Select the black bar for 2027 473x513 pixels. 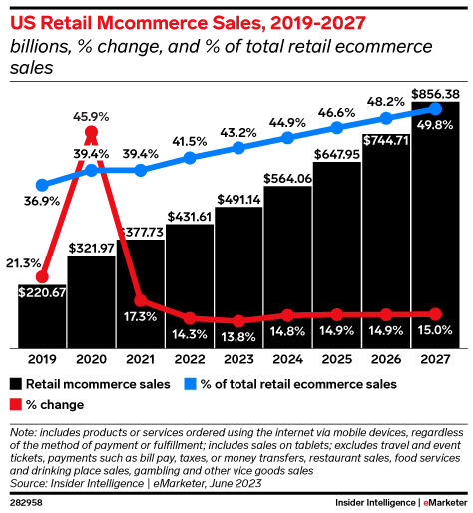coord(435,230)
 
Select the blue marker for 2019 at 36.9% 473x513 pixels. coord(42,185)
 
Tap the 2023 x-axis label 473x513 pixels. coord(238,360)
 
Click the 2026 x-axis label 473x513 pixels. coord(385,360)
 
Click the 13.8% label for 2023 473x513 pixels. coord(238,335)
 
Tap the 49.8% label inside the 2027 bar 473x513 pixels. coord(435,125)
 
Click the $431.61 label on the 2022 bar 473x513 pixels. coord(190,216)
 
